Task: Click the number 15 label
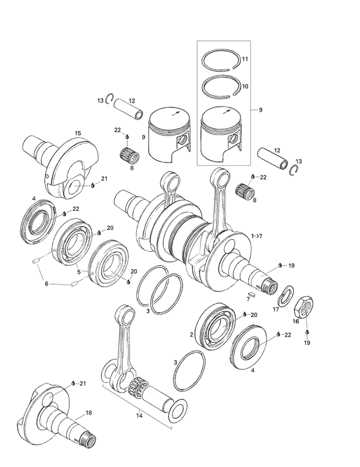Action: coord(77,133)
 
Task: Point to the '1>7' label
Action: coord(258,236)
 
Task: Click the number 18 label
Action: coord(89,412)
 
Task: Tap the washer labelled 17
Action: coord(284,297)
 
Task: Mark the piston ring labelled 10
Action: coord(221,85)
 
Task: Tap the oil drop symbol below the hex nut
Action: coord(307,331)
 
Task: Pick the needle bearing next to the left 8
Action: coord(130,156)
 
